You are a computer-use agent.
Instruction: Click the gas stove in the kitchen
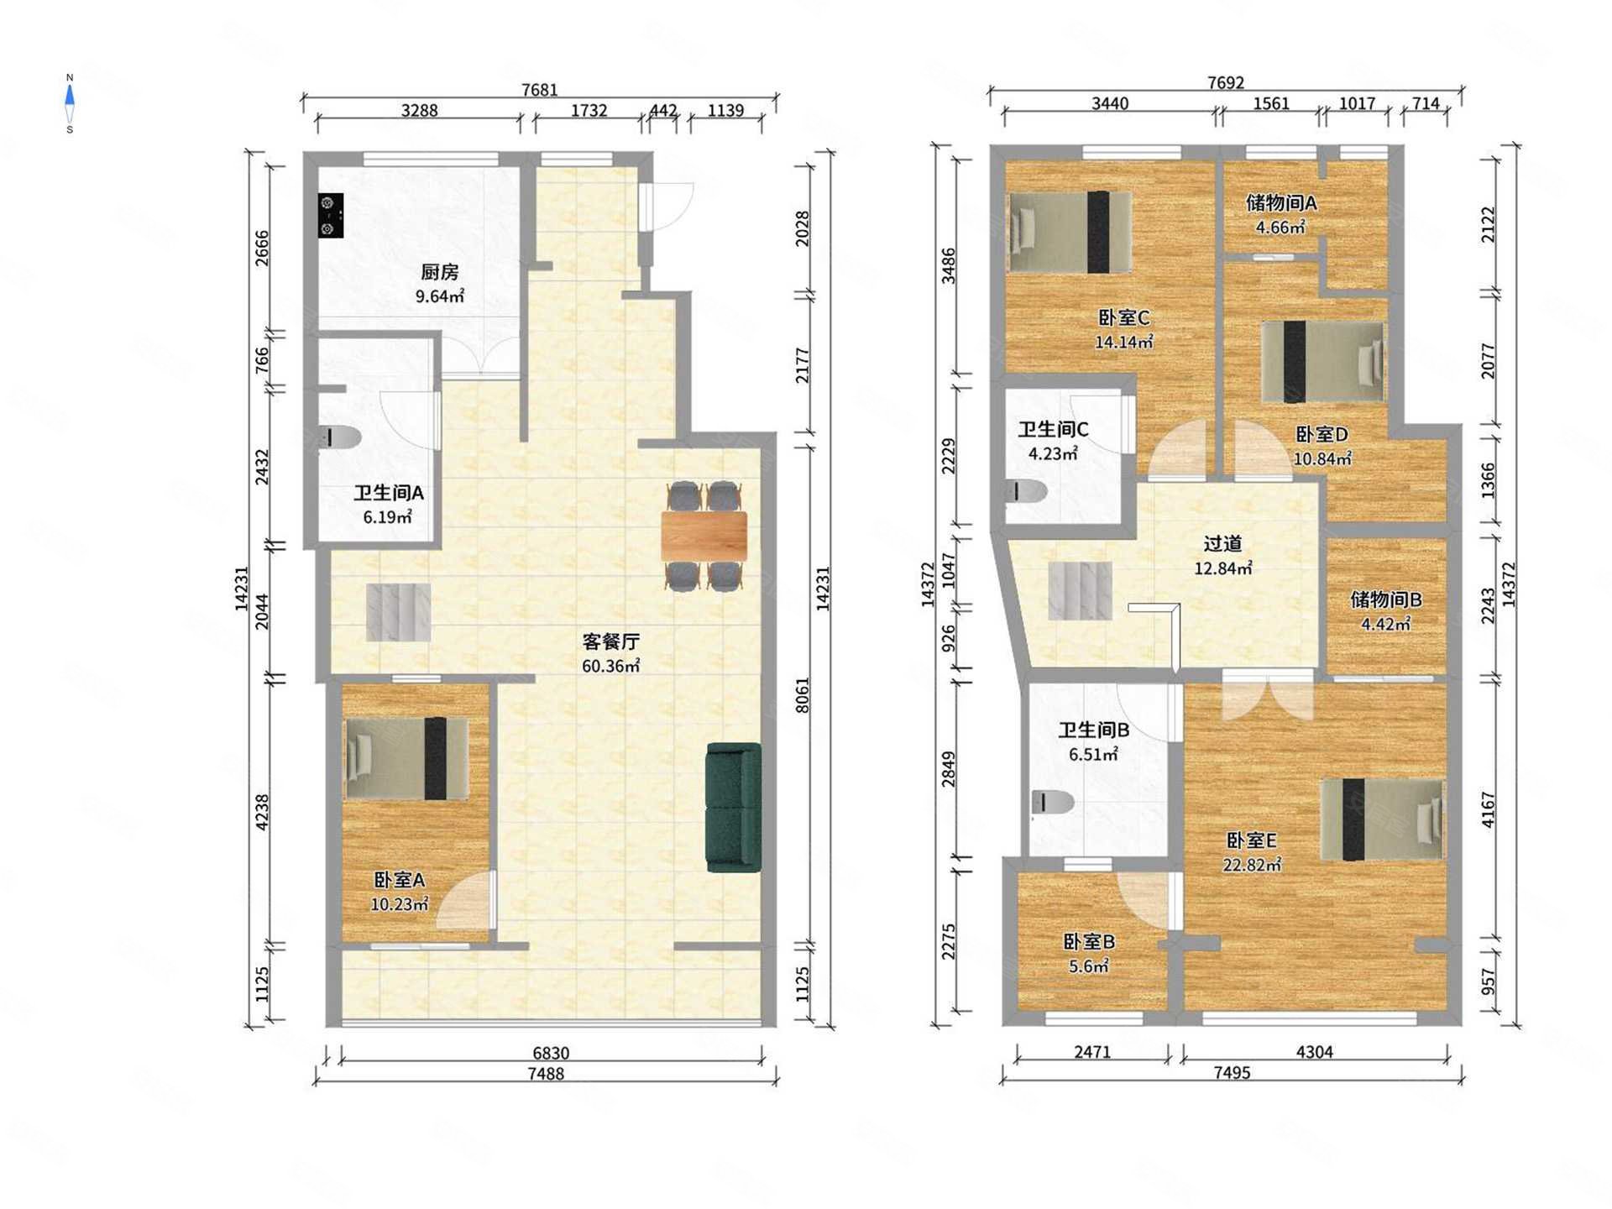[x=331, y=216]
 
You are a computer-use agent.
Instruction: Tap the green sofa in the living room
[x=734, y=808]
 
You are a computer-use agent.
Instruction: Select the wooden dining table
[x=704, y=536]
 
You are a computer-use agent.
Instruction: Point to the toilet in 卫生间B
[x=1052, y=803]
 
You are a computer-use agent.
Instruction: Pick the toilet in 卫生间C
[x=1026, y=491]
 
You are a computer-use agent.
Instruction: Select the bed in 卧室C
[x=1070, y=232]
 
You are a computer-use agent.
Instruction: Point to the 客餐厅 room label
[x=611, y=642]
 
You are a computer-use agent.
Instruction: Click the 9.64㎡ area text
[x=440, y=296]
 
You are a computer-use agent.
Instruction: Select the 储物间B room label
[x=1386, y=599]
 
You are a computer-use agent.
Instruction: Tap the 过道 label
[x=1222, y=544]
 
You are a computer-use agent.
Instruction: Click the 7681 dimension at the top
[x=539, y=90]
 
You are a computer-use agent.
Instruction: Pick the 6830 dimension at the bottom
[x=551, y=1053]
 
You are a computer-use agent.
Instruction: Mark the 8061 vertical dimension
[x=803, y=695]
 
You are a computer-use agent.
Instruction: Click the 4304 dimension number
[x=1315, y=1052]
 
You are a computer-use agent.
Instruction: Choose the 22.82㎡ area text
[x=1252, y=865]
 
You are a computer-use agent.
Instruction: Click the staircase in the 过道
[x=1081, y=590]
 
